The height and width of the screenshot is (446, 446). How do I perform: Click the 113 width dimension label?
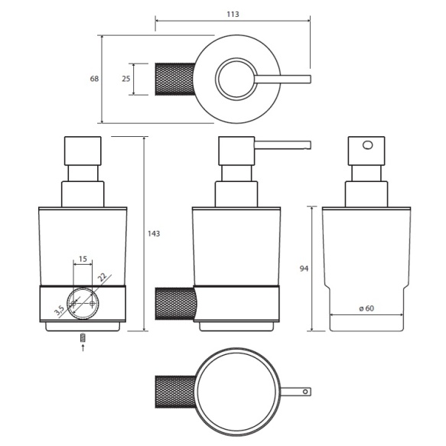[233, 14]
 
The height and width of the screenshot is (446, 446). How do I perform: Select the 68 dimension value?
[94, 79]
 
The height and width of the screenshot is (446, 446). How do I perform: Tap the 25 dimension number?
[126, 79]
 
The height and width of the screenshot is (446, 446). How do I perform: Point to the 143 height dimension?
[154, 233]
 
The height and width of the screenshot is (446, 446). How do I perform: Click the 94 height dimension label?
[304, 269]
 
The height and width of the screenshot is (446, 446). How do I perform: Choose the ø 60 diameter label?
[366, 308]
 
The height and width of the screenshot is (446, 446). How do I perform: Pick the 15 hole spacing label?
[83, 259]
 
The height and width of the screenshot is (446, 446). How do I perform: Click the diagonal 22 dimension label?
[102, 277]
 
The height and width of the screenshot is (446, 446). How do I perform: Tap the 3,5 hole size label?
[60, 311]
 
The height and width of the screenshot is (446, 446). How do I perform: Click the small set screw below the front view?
[83, 337]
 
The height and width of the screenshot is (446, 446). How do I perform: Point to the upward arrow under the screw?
[83, 347]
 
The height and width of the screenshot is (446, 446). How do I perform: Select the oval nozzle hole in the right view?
[367, 145]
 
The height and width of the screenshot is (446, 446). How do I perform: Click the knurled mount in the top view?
[175, 79]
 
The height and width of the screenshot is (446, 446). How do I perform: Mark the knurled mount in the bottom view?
[175, 392]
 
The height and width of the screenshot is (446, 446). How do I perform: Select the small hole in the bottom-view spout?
[305, 392]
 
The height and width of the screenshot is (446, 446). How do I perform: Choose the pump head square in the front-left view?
[83, 151]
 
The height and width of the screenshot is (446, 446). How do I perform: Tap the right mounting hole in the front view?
[92, 304]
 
